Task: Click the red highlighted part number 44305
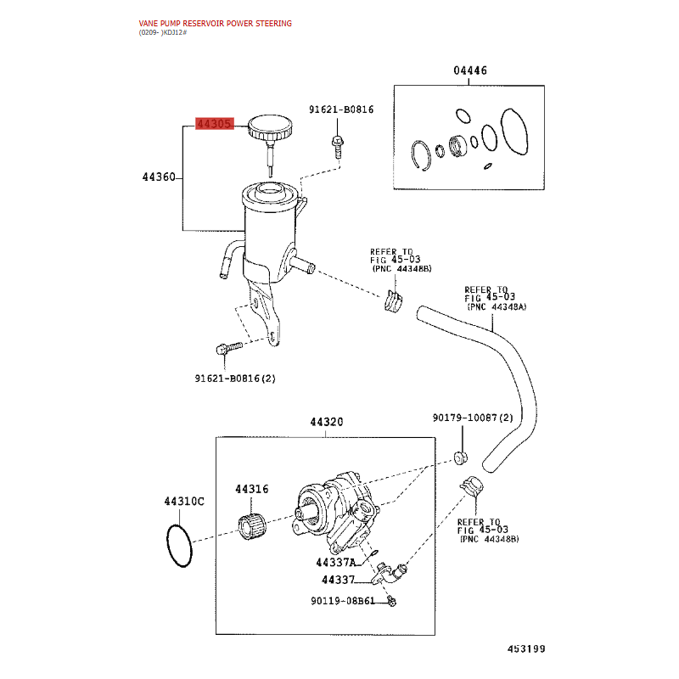(215, 124)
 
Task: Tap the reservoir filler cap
(270, 127)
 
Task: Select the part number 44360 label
(159, 177)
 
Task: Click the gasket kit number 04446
(470, 70)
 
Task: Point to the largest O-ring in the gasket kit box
(514, 132)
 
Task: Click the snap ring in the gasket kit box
(421, 155)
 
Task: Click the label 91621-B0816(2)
(235, 379)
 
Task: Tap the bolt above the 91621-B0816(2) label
(229, 348)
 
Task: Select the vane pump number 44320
(326, 422)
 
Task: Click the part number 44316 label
(251, 490)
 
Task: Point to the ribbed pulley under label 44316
(252, 525)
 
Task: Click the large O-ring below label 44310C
(179, 546)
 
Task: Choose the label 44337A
(335, 563)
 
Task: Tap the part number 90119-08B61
(343, 601)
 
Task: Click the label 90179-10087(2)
(473, 418)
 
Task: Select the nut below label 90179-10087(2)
(461, 457)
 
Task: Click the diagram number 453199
(526, 648)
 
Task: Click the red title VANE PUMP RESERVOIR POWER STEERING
(216, 24)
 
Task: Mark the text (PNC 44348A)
(497, 306)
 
